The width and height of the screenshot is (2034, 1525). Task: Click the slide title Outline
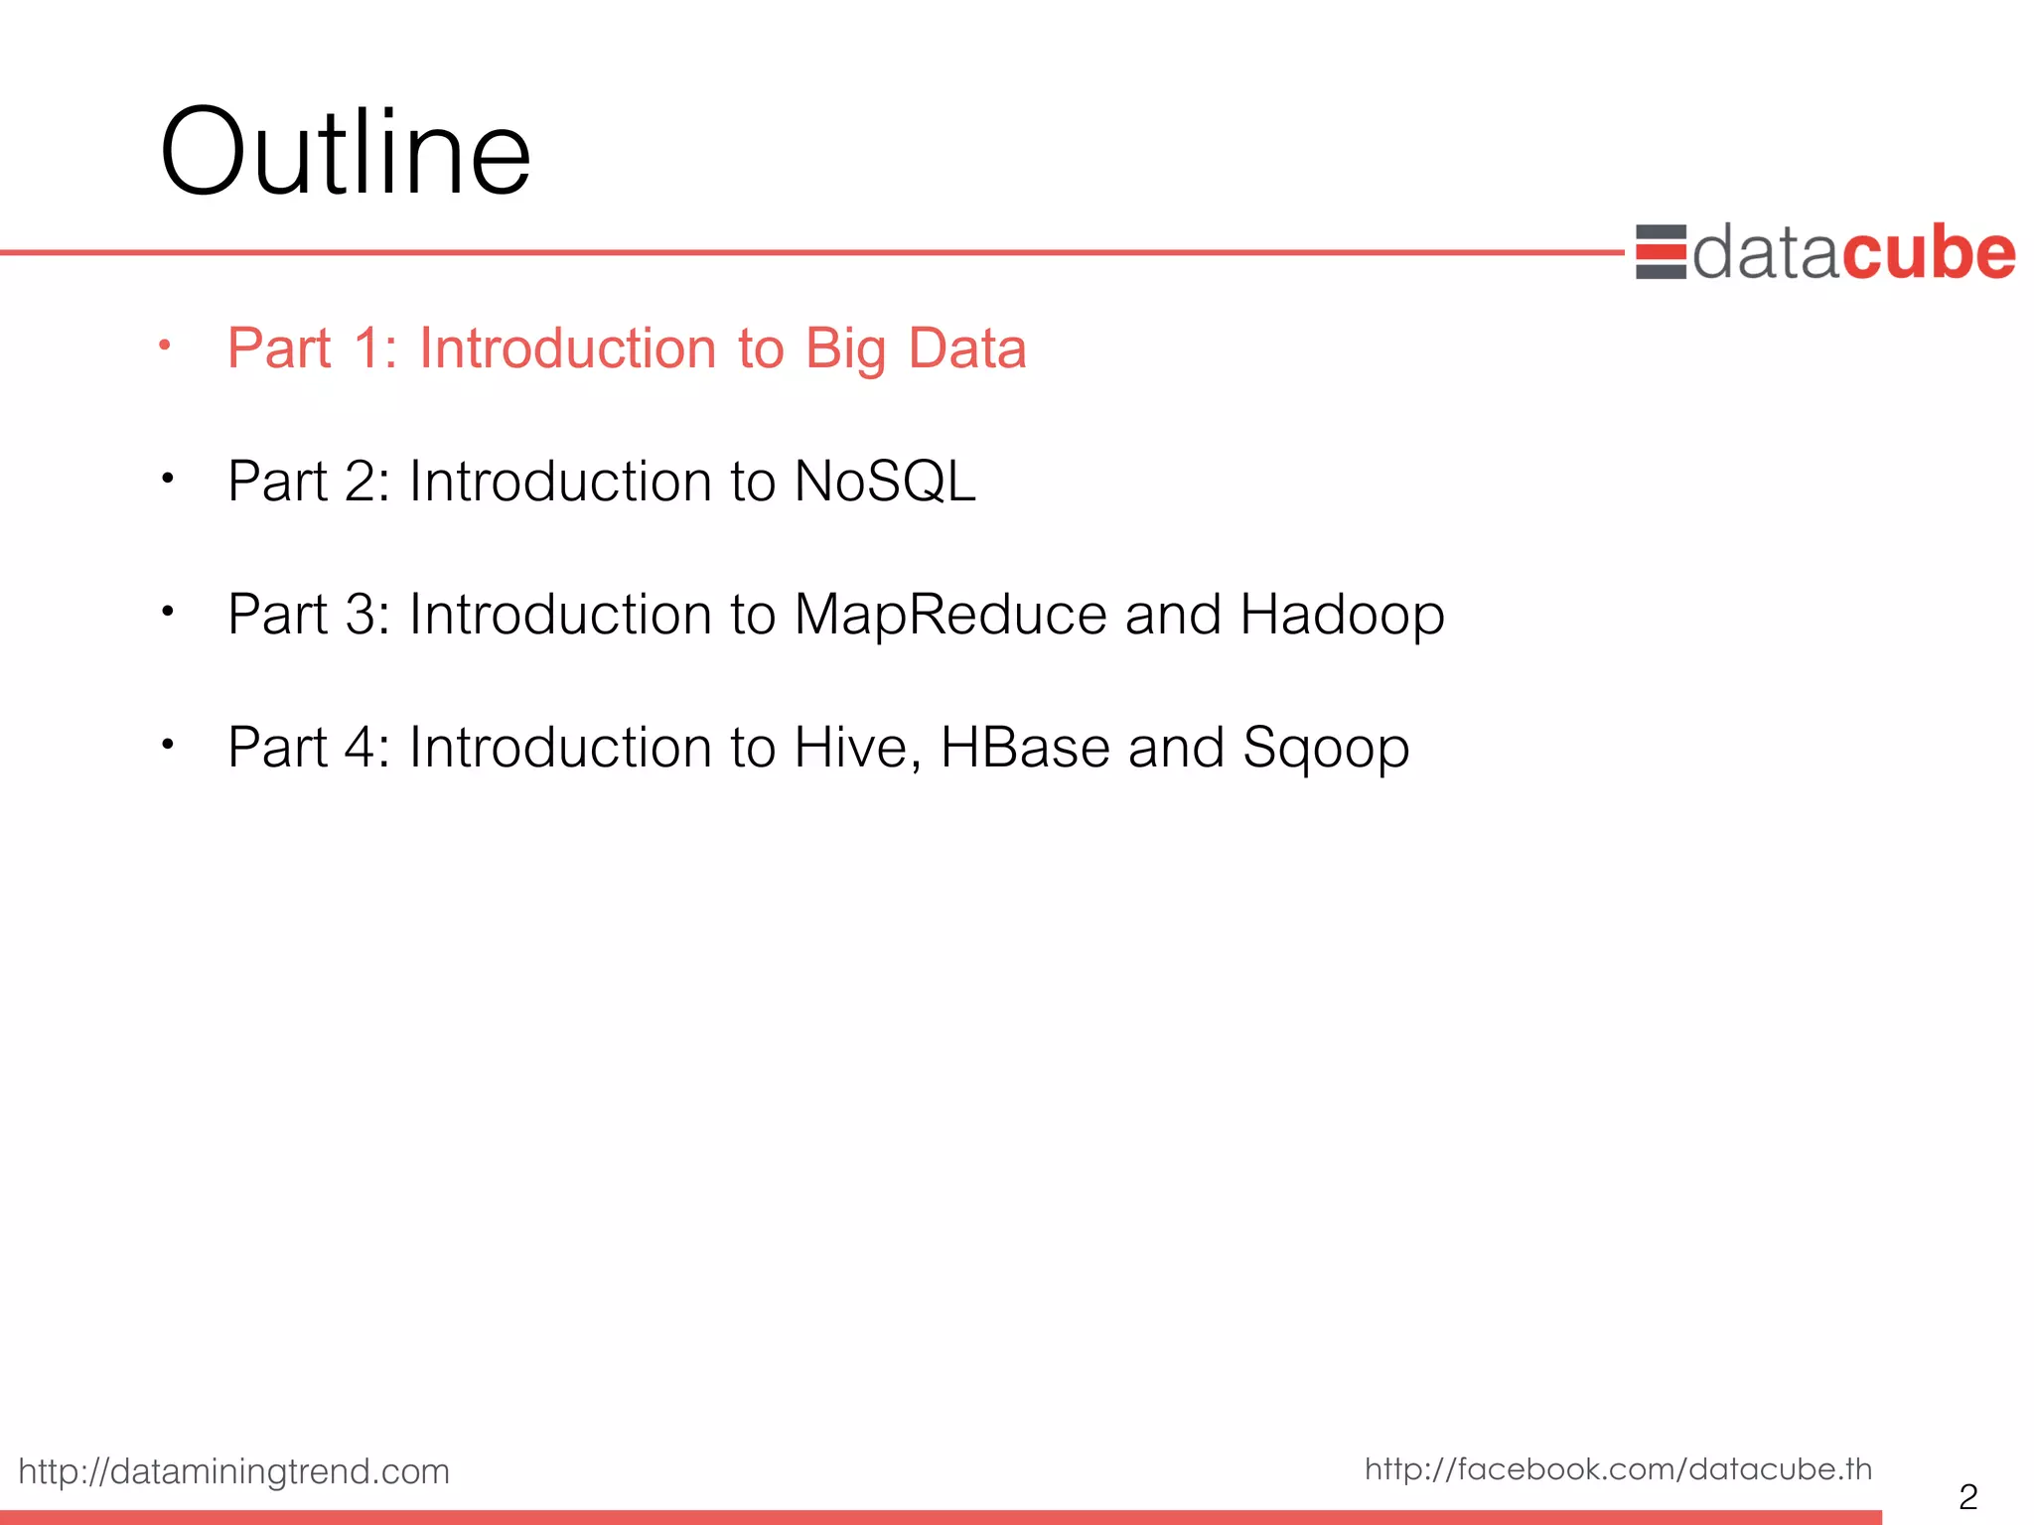tap(345, 154)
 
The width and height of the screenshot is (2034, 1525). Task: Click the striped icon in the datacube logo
tap(1661, 252)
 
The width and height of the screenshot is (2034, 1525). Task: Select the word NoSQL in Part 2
tap(884, 482)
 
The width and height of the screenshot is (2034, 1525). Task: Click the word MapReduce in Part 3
tap(950, 615)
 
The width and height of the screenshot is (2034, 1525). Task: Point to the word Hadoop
tap(1342, 615)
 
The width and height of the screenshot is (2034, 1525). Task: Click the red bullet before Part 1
tap(166, 346)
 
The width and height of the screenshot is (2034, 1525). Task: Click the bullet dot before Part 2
tap(168, 479)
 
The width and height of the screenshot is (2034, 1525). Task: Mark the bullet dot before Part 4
tap(168, 744)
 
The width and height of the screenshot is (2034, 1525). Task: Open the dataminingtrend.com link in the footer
tap(234, 1470)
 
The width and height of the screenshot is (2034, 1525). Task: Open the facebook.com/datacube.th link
tap(1618, 1468)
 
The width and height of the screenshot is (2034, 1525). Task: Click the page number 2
tap(1967, 1495)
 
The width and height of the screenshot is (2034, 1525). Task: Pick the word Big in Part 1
tap(844, 350)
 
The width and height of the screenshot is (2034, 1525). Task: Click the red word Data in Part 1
tap(967, 348)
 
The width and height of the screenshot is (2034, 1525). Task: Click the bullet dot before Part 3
tap(168, 611)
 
